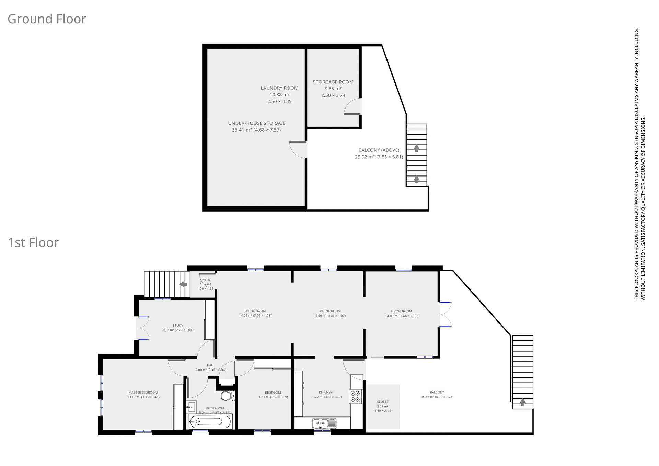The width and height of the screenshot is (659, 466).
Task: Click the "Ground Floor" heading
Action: pos(47,19)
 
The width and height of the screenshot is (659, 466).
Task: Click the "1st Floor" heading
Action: pos(33,243)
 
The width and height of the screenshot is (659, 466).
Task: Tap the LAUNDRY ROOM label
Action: pos(279,88)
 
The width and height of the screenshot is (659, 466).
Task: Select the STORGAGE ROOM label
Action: pos(333,82)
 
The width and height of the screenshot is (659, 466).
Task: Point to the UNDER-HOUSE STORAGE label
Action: pos(256,123)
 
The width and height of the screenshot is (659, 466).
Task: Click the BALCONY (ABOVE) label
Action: pos(379,150)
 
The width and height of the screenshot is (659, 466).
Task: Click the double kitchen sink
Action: pos(324,423)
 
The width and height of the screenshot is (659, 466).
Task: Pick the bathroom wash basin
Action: pos(191,407)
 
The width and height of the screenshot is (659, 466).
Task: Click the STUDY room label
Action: pos(178,325)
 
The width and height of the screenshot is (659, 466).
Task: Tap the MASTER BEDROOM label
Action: pos(143,393)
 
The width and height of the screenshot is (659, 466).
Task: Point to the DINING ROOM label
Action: pos(329,311)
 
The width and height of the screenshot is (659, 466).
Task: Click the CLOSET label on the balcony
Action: pos(382,402)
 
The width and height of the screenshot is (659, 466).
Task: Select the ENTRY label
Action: pos(205,280)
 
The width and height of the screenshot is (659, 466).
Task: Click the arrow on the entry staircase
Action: pos(183,284)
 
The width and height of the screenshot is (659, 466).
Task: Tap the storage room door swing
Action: pos(352,106)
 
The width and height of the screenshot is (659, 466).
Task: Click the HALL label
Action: pos(210,365)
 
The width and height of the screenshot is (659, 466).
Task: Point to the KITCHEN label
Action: pos(325,392)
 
